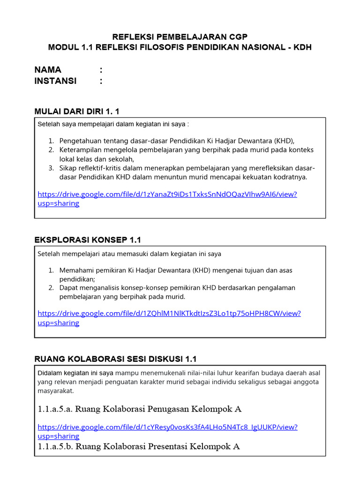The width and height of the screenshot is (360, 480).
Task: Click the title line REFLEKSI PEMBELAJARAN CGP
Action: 180,37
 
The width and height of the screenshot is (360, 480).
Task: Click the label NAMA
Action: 48,70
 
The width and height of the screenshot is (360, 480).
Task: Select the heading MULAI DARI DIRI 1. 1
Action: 77,111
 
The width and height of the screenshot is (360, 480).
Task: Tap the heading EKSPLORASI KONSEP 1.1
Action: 88,240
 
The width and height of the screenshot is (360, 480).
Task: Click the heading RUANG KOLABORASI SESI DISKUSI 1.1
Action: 115,359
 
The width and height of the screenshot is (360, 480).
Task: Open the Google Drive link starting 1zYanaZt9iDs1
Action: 167,195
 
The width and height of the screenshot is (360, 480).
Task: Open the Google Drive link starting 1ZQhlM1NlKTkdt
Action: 169,314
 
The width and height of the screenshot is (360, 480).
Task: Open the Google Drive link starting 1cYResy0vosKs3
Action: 167,427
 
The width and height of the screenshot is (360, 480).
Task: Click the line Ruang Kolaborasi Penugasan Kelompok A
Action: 139,409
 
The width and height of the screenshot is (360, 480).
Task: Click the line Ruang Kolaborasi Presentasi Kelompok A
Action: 138,446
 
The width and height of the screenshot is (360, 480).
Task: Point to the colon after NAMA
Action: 101,70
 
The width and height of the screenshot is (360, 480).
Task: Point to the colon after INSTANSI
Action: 101,81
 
